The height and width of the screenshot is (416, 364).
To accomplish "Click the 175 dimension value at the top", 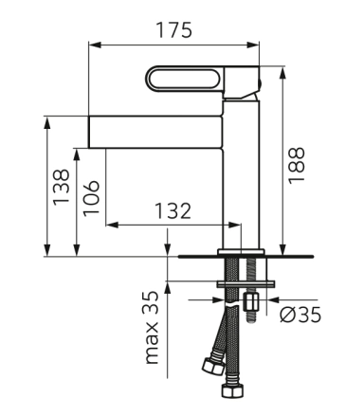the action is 174,30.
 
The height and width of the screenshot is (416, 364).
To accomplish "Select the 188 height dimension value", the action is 297,166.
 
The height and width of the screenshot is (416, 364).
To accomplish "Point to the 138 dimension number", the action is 61,188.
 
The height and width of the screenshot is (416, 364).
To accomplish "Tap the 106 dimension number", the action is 91,198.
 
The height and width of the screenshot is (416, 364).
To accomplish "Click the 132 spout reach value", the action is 173,210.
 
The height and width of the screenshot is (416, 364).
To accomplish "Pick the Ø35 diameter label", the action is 300,315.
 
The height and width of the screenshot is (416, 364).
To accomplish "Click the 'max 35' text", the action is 152,328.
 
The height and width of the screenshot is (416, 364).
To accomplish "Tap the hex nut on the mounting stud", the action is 251,301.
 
